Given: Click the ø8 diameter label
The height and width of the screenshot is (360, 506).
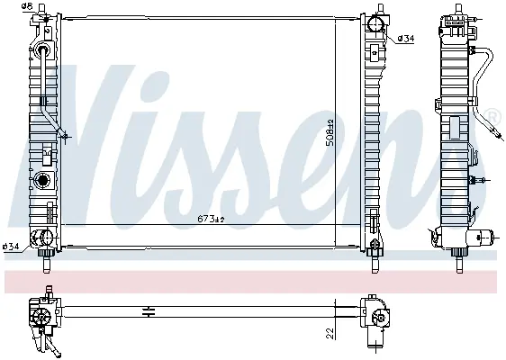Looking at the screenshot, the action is pos(27,5).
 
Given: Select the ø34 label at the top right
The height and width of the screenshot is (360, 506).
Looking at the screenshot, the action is pos(406,39).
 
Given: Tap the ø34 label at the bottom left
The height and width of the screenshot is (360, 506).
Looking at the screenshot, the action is pos(11,247).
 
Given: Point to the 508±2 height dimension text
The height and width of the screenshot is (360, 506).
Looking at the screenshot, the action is pos(330,133).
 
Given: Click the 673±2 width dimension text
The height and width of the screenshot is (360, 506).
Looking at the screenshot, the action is pos(211,220).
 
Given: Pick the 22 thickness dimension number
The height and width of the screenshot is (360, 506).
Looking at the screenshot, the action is pos(330,333).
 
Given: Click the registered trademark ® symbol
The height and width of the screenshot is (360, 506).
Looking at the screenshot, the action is pos(496,117).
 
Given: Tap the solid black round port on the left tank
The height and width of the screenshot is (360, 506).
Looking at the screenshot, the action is pos(42,180).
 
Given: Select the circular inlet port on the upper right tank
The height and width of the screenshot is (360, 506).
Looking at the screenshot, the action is pos(375,23).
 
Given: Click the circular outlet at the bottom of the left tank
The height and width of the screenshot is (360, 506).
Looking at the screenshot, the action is pos(47,238).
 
